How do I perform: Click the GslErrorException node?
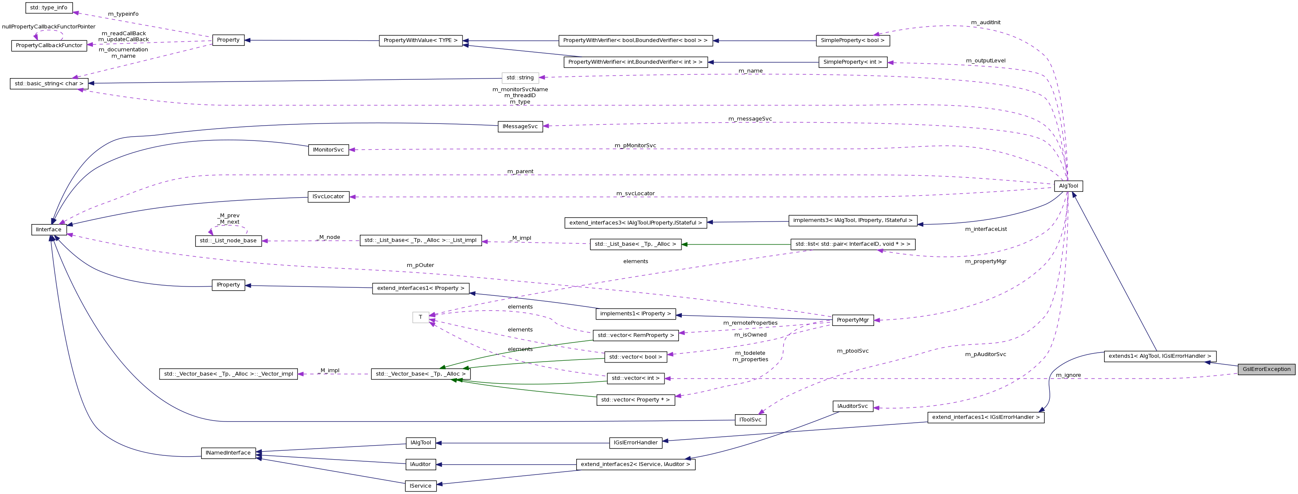[x=1266, y=369]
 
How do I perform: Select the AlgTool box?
[x=1068, y=186]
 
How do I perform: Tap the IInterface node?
[x=49, y=229]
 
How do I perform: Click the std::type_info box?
[x=49, y=8]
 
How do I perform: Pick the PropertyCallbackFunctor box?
[x=49, y=45]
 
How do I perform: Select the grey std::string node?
[x=520, y=78]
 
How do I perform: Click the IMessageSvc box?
[x=520, y=126]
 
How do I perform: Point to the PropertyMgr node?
[x=852, y=320]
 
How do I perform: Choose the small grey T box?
[x=420, y=317]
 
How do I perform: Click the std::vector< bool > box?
[x=635, y=357]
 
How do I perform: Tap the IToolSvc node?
[x=750, y=419]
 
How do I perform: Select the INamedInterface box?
[x=228, y=453]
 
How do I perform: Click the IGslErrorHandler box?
[x=635, y=443]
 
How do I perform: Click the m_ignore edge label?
[x=1068, y=375]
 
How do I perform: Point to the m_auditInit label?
[x=986, y=22]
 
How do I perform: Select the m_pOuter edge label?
[x=420, y=265]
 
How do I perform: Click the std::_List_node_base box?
[x=228, y=241]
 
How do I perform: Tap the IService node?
[x=420, y=486]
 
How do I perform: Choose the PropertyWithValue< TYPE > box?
[x=420, y=40]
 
